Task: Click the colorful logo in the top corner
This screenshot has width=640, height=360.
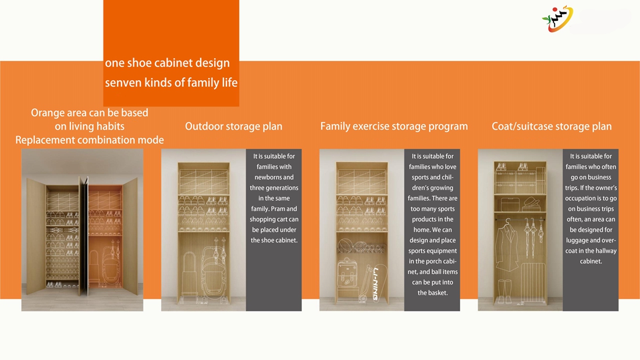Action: point(557,19)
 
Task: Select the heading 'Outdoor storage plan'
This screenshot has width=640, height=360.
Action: point(233,127)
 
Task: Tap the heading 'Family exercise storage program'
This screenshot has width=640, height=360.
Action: point(394,127)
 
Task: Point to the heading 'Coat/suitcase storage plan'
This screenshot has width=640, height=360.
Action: point(552,127)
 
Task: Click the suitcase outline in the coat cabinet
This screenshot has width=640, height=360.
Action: point(533,283)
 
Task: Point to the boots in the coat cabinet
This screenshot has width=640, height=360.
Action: point(504,291)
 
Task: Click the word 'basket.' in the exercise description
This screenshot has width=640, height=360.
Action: point(433,293)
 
